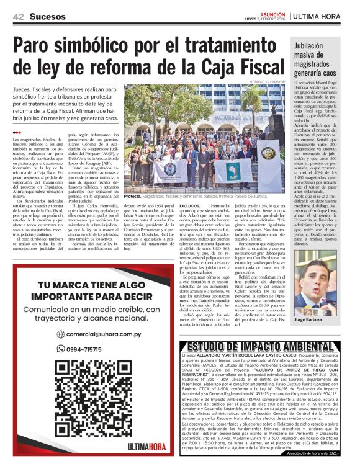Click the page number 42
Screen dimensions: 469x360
[x=18, y=16]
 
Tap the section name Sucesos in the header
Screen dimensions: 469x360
[x=48, y=16]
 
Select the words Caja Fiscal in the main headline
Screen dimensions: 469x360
[x=236, y=66]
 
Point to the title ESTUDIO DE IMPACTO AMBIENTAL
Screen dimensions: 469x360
[x=266, y=347]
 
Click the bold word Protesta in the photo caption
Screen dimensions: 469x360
[x=134, y=195]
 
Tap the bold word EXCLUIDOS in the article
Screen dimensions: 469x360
[x=190, y=204]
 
